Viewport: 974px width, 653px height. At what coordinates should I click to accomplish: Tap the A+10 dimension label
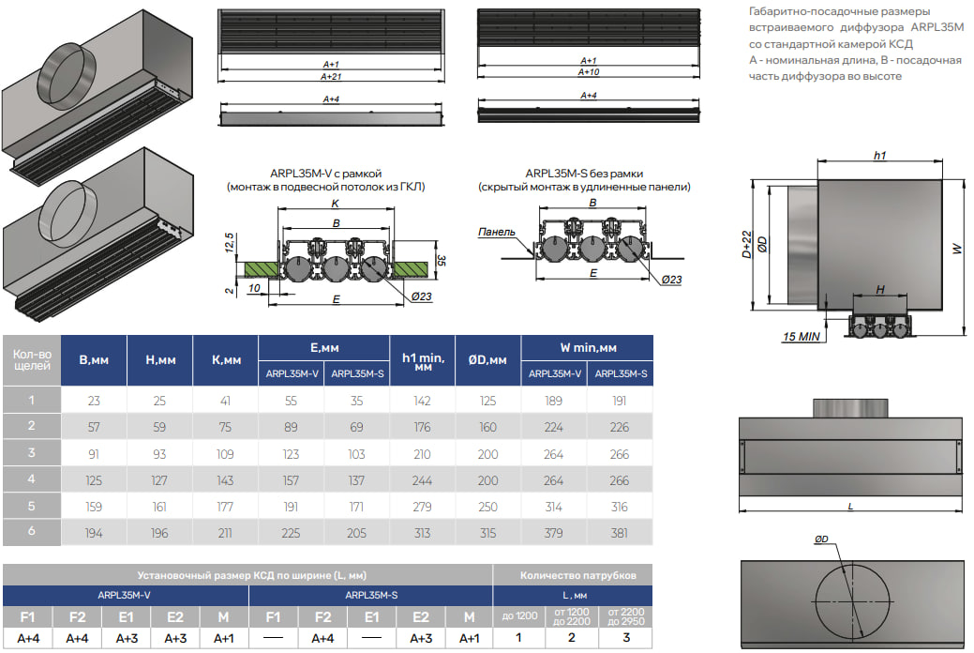pyautogui.click(x=589, y=72)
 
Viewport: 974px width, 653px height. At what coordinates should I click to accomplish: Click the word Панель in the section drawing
pyautogui.click(x=496, y=232)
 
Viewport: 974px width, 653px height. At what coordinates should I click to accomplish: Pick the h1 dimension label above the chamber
pyautogui.click(x=879, y=156)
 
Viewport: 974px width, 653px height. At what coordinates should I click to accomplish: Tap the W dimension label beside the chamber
pyautogui.click(x=957, y=248)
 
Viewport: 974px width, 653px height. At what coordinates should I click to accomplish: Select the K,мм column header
pyautogui.click(x=226, y=360)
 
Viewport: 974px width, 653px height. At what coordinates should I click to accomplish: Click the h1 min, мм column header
pyautogui.click(x=422, y=360)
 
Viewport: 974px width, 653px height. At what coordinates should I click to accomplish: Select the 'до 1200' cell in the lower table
pyautogui.click(x=520, y=615)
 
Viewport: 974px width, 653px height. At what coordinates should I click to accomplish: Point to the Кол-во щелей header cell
pyautogui.click(x=31, y=360)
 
